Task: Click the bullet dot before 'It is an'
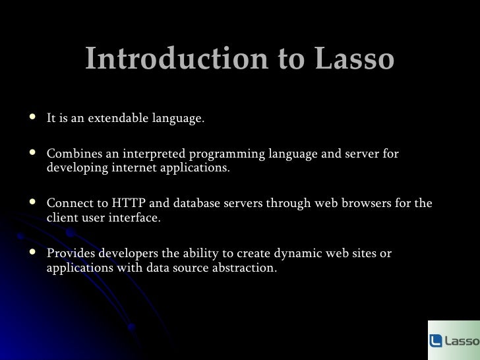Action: (x=34, y=119)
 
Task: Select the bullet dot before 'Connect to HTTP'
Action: (x=34, y=202)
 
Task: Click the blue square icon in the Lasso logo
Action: (x=436, y=341)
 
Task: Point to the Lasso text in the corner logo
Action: (x=462, y=341)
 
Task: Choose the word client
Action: (x=62, y=217)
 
